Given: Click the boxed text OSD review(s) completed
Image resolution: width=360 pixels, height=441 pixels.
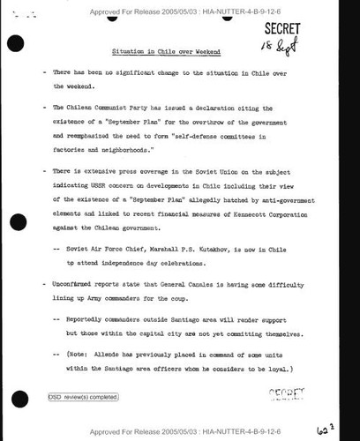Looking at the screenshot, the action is pyautogui.click(x=82, y=396).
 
